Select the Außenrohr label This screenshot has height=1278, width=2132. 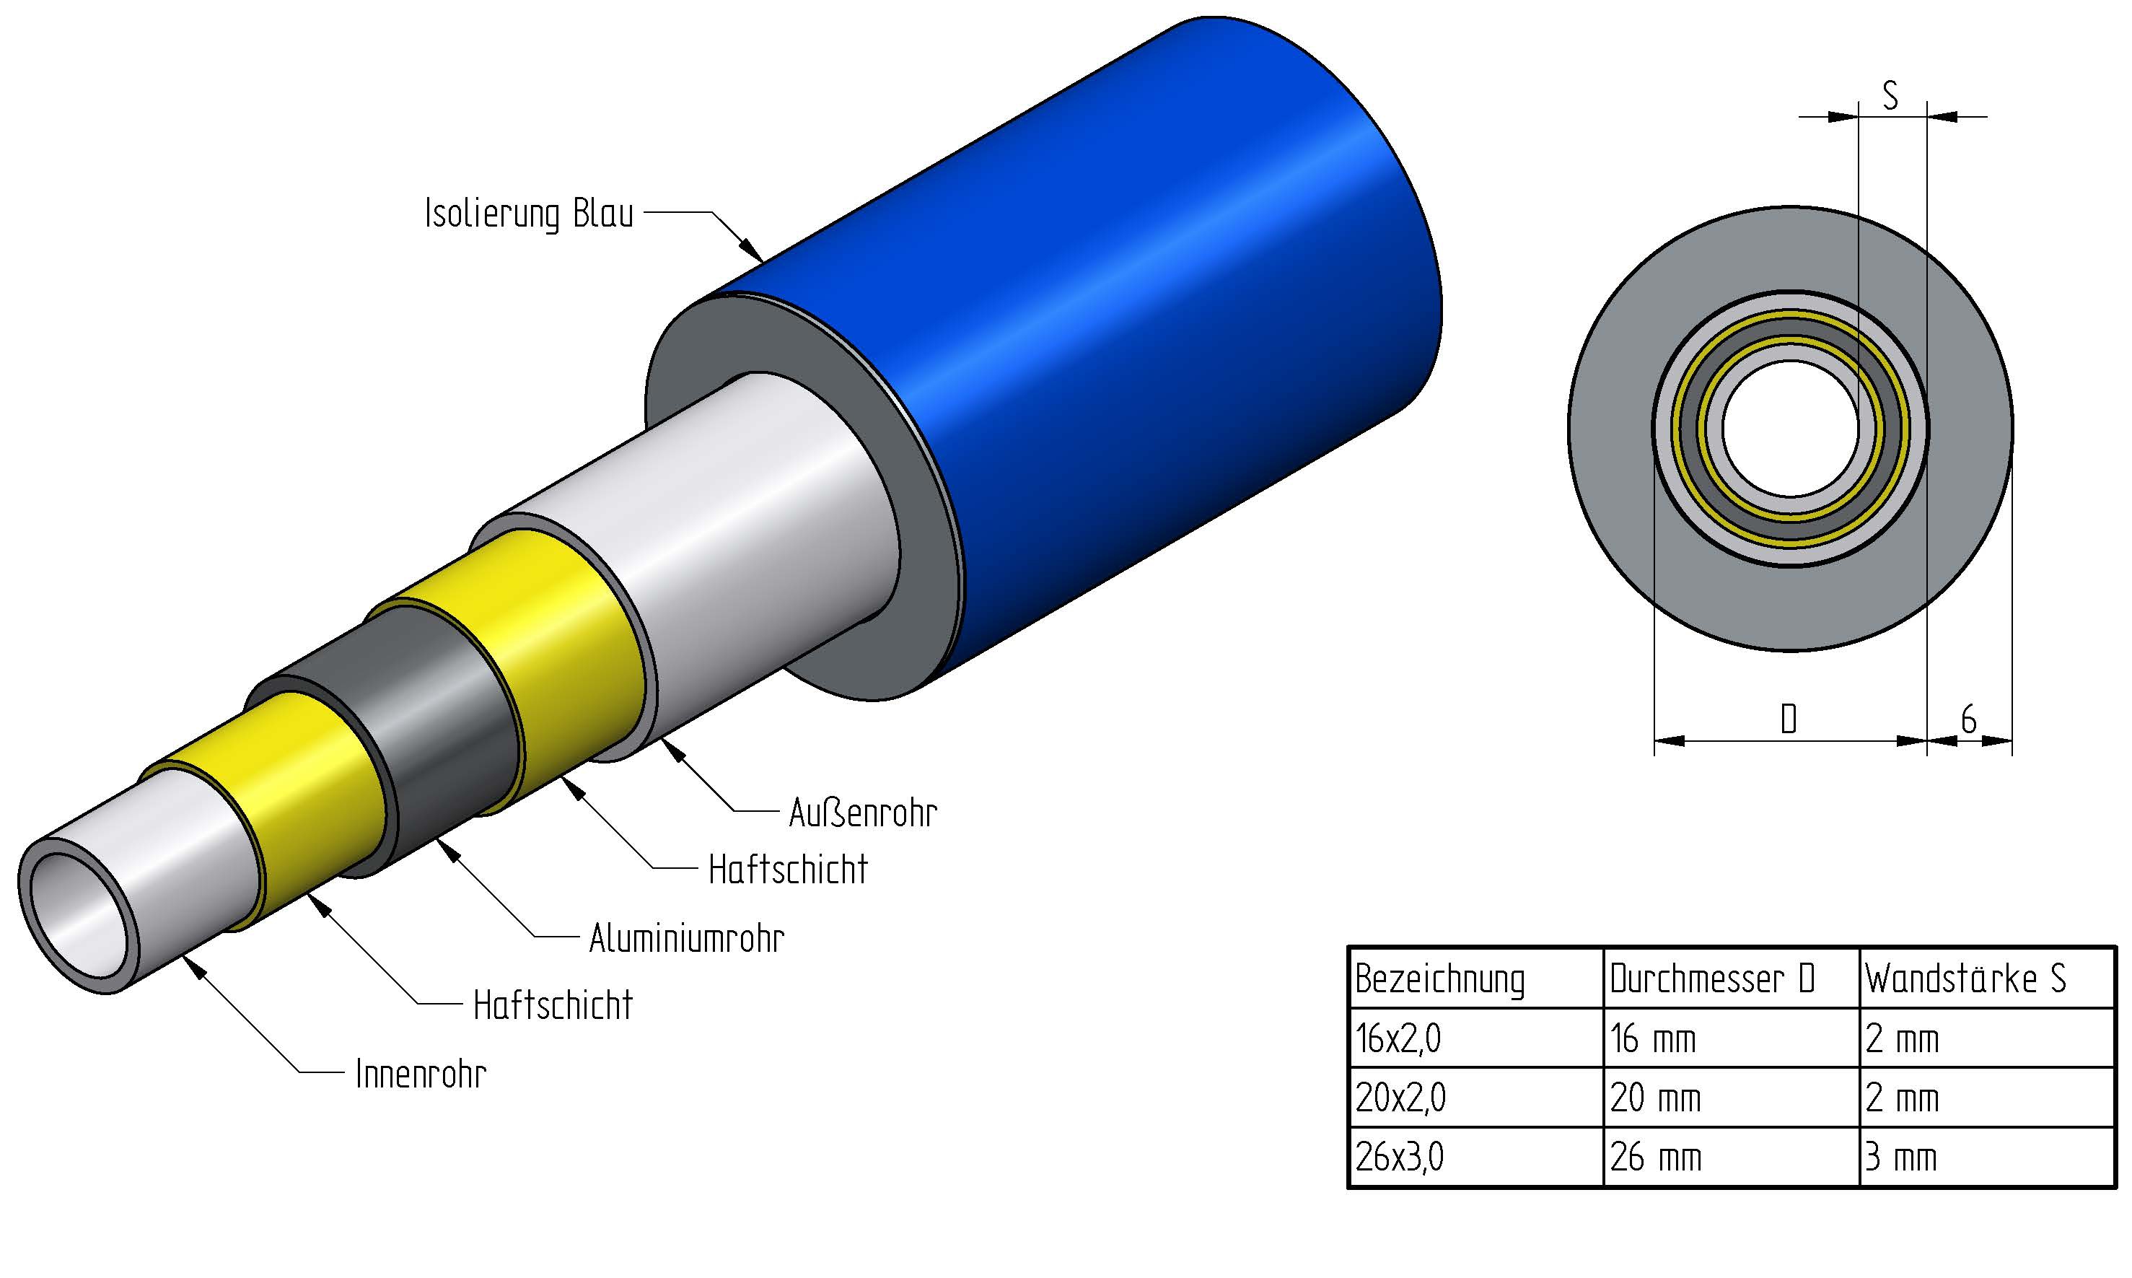point(863,812)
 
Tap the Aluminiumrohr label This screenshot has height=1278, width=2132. point(686,938)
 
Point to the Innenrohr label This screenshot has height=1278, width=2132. point(421,1074)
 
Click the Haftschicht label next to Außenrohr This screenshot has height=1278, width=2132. point(788,870)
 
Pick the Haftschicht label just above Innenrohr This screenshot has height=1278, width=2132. point(553,1005)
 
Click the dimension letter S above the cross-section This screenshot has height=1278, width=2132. point(1891,95)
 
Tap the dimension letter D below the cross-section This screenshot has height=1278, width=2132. point(1789,718)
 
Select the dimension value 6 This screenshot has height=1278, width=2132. point(1968,719)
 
